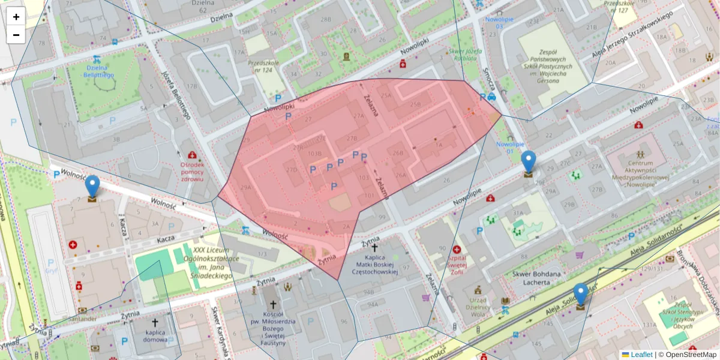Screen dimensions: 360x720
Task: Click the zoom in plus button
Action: [x=16, y=17]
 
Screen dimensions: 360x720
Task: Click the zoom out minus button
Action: [x=16, y=35]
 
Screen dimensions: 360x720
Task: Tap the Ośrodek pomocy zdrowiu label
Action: [x=191, y=172]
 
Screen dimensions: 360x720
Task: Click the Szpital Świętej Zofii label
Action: [x=457, y=263]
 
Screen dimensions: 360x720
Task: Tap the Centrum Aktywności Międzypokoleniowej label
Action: [x=640, y=173]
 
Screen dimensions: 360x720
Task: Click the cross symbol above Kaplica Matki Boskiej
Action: [x=374, y=247]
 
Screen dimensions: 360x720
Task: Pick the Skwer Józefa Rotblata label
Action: [x=466, y=55]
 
